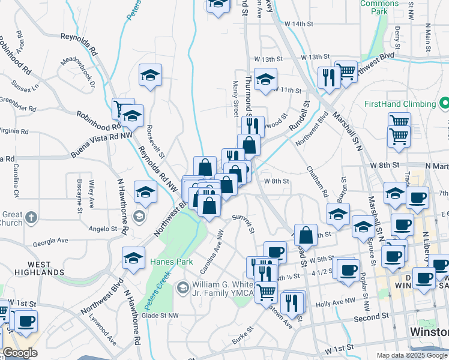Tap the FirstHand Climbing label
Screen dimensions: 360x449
[399, 103]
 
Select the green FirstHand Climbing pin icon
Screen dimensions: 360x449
[444, 103]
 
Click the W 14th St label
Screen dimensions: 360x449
[300, 23]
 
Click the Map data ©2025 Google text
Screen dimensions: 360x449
[412, 355]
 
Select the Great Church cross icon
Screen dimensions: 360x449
[32, 215]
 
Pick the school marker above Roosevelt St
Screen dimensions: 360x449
[150, 75]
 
